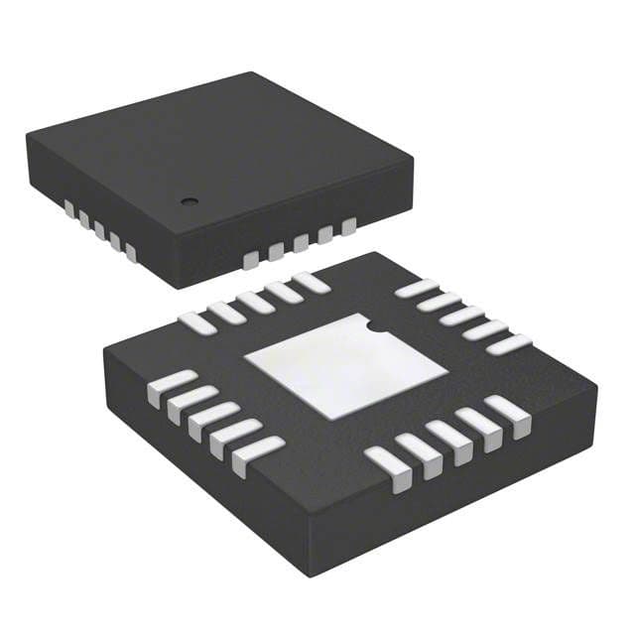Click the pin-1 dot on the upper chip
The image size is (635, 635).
tap(186, 201)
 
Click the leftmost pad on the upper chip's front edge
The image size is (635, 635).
tap(251, 260)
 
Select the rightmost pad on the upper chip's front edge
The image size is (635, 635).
tap(348, 227)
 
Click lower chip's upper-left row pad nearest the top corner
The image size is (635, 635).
tap(311, 282)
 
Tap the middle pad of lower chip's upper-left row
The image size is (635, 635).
tap(254, 302)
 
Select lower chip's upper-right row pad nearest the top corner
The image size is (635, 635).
tap(417, 289)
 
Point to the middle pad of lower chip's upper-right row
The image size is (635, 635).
tap(463, 317)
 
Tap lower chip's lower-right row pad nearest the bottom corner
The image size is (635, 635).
tap(386, 467)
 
